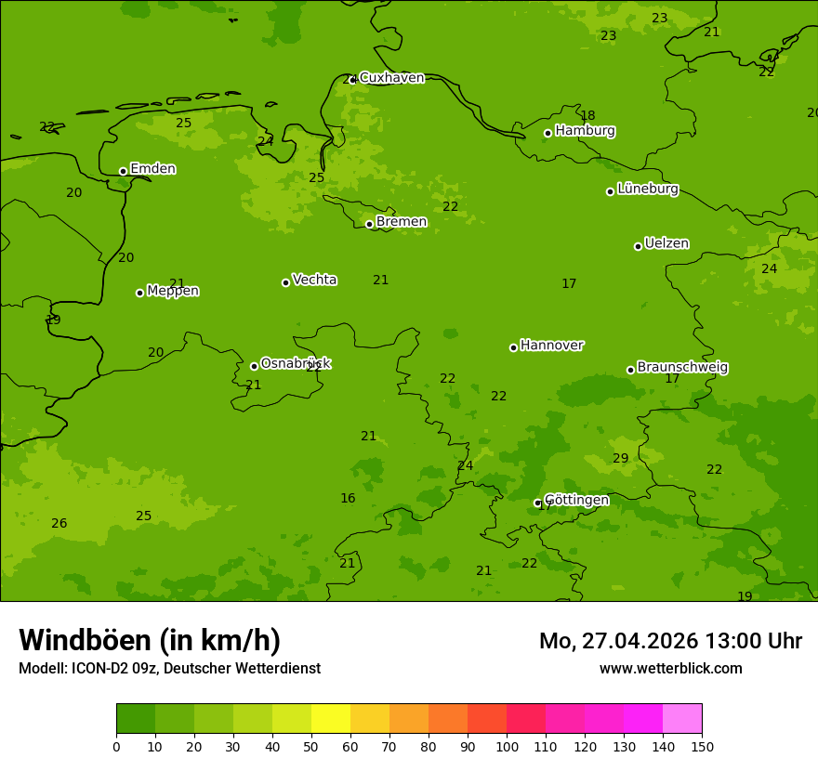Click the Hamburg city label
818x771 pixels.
point(585,131)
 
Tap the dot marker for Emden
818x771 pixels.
point(123,171)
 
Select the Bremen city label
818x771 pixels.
point(401,222)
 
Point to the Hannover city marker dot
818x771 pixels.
point(513,347)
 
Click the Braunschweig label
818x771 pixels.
point(682,368)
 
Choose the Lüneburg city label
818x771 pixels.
point(647,189)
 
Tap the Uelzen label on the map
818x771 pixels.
point(666,244)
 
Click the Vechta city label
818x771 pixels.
point(314,280)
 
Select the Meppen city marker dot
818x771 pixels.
point(139,293)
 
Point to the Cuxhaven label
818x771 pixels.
point(391,78)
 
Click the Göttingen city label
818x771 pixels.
point(576,501)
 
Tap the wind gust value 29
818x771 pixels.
point(620,459)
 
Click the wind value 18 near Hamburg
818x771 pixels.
point(587,116)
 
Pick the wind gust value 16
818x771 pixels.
point(348,499)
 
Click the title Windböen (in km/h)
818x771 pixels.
point(150,640)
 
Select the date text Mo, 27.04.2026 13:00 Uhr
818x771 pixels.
point(670,641)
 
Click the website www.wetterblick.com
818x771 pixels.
point(670,669)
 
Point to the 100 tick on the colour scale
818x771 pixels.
point(507,746)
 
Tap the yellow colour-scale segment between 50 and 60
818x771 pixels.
point(331,719)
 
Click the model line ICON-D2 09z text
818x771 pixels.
point(169,669)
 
